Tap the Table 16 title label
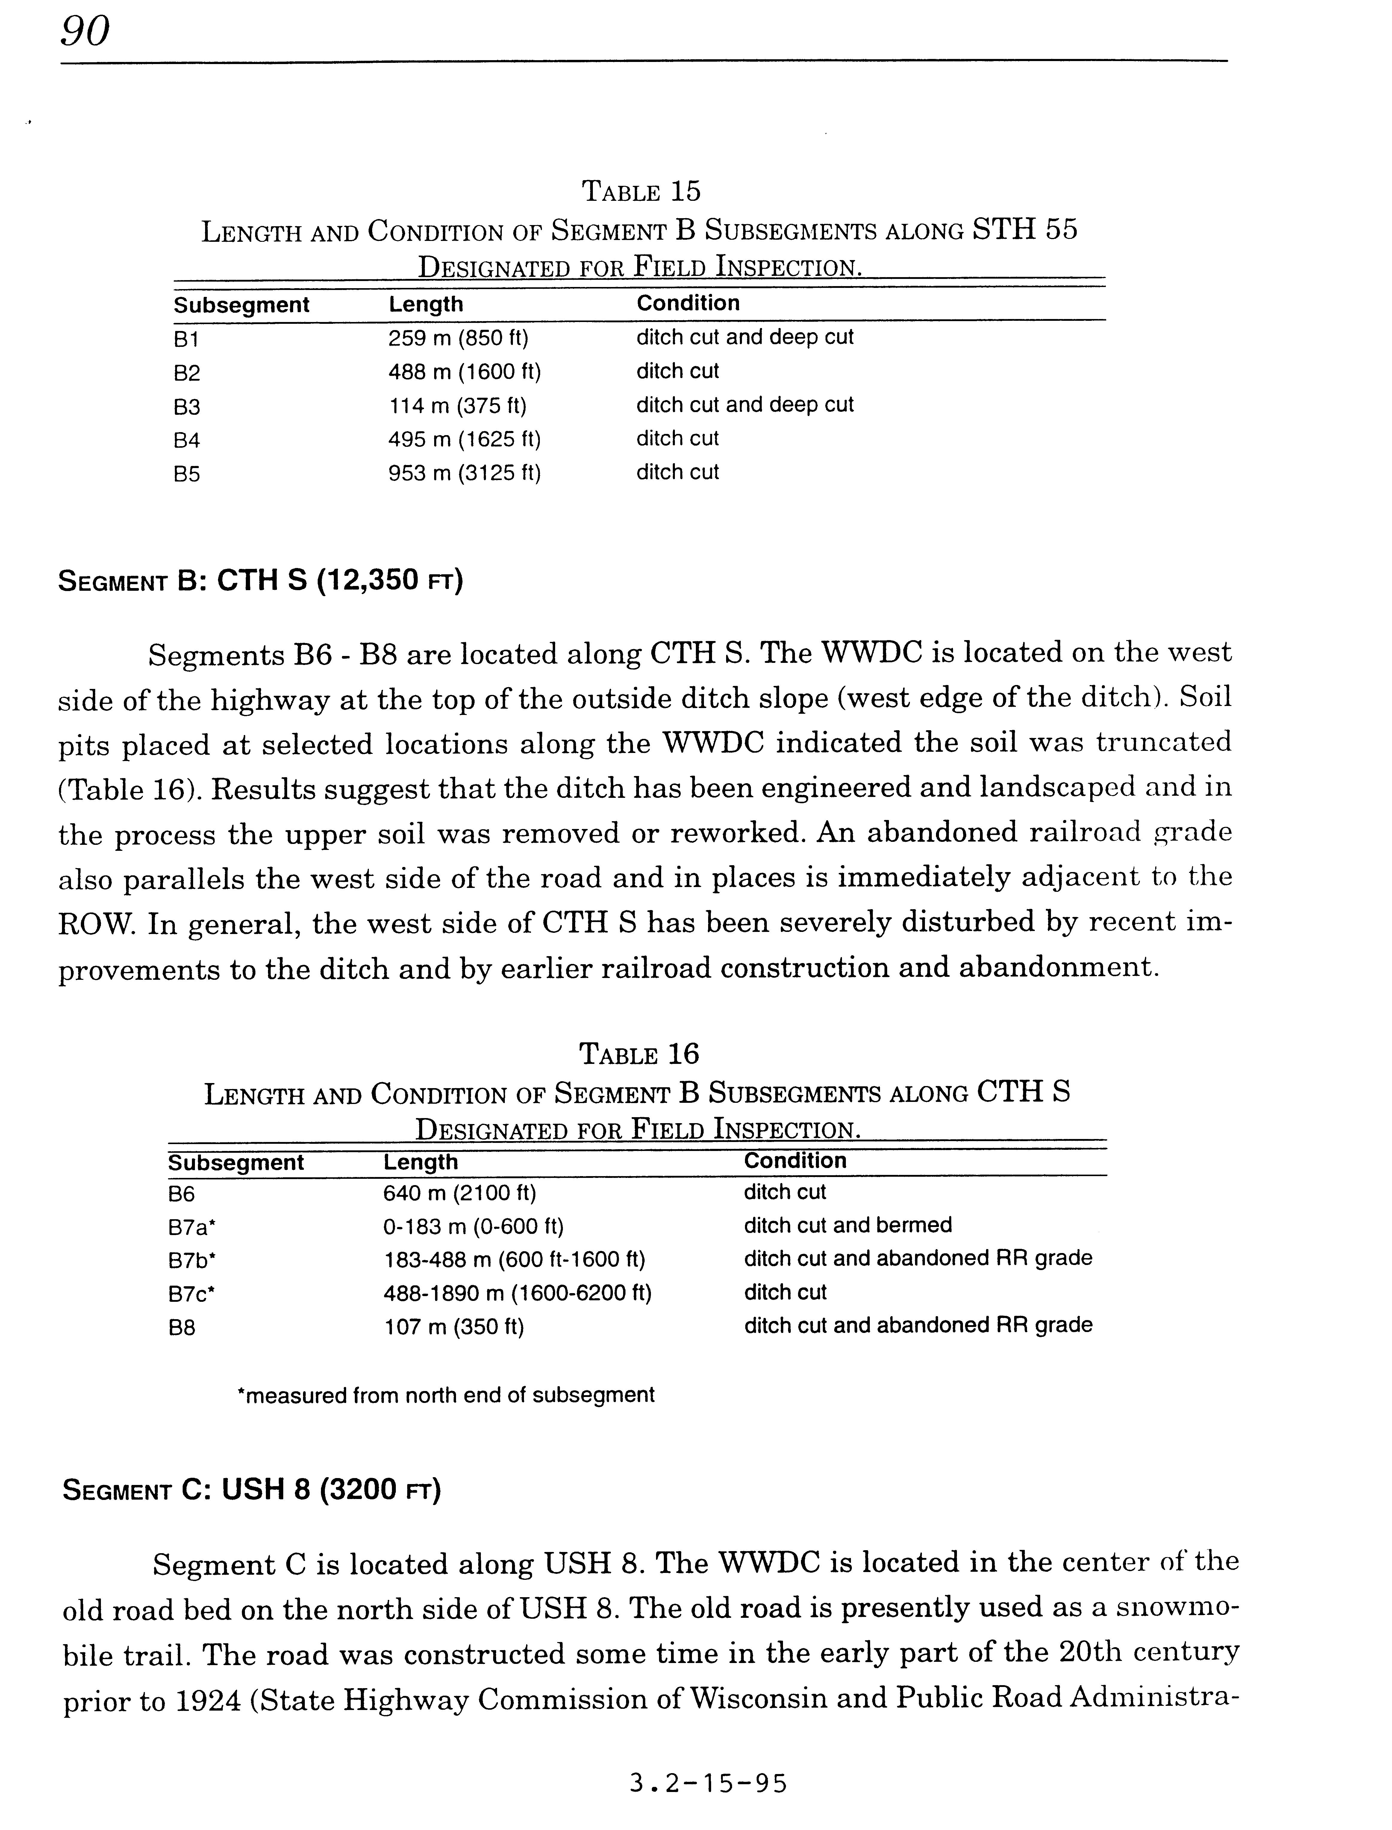639,1054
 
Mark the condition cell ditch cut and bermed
848,1225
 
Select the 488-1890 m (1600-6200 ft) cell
517,1293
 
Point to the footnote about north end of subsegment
446,1395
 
